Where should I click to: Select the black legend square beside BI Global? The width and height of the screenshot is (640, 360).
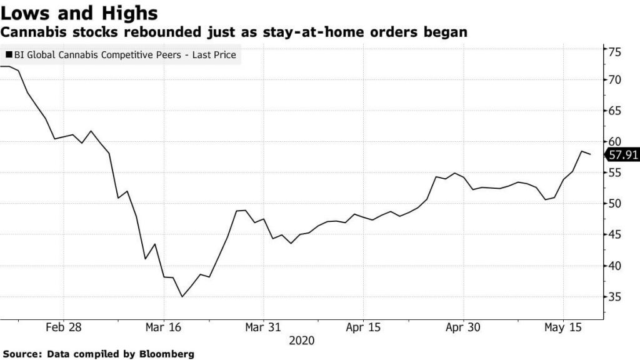(8, 55)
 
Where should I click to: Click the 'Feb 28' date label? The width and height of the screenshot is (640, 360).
(64, 327)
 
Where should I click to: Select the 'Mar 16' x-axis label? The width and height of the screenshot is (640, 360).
(163, 327)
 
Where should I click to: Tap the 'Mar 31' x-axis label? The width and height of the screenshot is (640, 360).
(263, 327)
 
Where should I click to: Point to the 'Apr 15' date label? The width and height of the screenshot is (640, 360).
(363, 327)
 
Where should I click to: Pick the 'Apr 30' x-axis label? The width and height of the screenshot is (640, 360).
(463, 327)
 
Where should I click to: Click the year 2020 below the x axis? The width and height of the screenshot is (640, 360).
(301, 341)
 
